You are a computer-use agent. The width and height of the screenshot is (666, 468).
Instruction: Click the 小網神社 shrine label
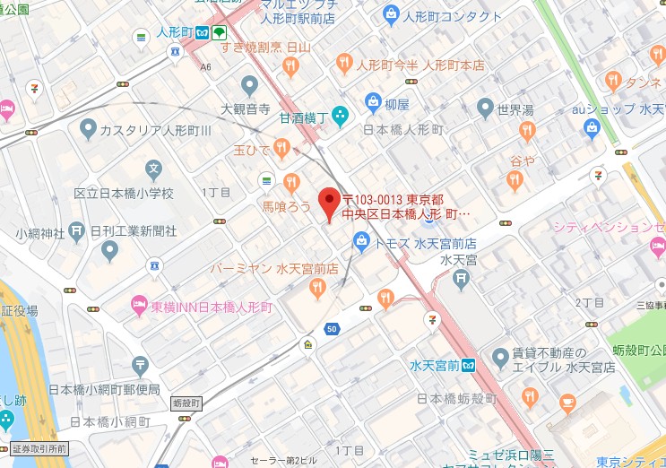click(40, 233)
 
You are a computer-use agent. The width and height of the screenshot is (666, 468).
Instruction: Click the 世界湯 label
click(515, 110)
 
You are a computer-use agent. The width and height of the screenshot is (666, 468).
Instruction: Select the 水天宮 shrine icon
click(461, 279)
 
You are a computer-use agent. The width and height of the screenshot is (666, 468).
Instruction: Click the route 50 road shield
click(332, 329)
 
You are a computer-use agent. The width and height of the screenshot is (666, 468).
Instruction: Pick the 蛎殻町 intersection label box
click(186, 404)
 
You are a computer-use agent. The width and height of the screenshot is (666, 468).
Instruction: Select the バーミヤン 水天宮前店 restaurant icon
click(316, 287)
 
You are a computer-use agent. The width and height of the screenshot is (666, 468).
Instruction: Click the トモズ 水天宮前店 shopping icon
click(360, 240)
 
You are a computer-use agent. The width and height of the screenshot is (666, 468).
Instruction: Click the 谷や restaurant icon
click(515, 180)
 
